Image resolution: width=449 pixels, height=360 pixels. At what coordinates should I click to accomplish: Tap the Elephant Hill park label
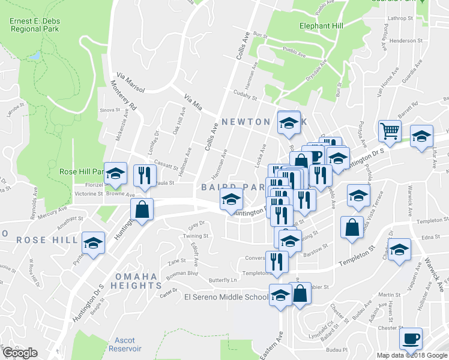(322, 26)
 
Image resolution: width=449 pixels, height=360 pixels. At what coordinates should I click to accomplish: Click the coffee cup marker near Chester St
(411, 338)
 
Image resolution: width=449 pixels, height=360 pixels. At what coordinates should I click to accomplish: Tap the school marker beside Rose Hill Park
(116, 174)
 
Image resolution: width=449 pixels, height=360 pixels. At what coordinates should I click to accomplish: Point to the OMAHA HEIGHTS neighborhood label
(136, 281)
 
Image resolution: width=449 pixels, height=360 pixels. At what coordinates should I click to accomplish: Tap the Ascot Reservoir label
(125, 344)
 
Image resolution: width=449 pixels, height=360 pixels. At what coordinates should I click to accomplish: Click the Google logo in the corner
(19, 353)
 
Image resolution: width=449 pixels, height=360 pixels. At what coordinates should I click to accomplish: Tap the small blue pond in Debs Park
(34, 56)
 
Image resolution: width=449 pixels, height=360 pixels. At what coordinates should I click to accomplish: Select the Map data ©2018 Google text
(411, 355)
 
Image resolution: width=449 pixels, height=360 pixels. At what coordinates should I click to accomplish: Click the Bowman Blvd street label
(182, 273)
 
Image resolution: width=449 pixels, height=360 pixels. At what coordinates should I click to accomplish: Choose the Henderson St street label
(406, 41)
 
